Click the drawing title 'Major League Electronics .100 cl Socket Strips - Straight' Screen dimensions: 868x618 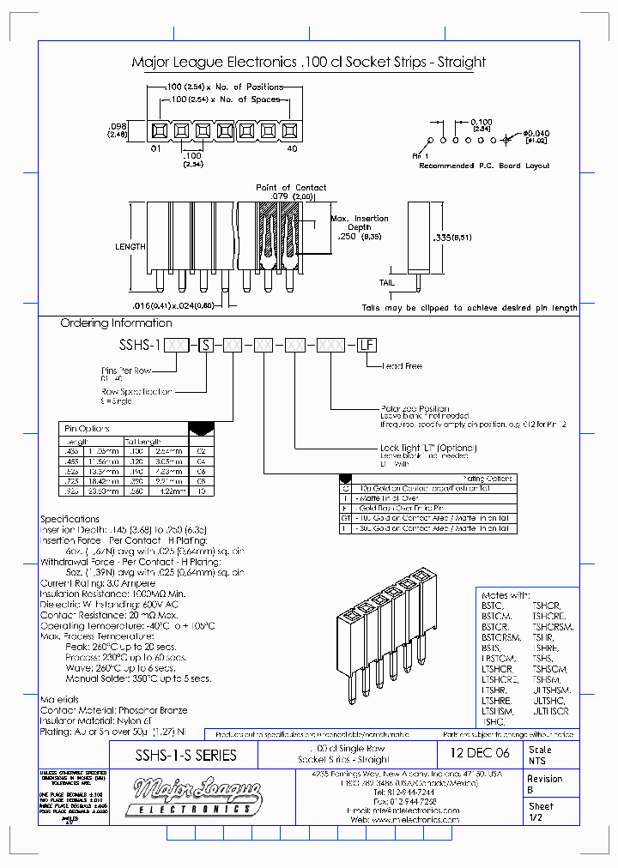308,62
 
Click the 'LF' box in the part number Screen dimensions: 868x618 367,345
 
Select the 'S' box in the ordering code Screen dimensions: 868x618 206,345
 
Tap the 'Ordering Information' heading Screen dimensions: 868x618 116,323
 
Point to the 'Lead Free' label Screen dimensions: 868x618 403,366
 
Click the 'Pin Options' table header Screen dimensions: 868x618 87,427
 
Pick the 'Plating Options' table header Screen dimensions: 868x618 487,479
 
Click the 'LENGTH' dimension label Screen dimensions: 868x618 130,246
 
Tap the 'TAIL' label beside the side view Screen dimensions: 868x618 387,282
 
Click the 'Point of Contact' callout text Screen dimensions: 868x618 291,187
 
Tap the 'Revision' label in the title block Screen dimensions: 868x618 545,779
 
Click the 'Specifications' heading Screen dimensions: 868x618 70,519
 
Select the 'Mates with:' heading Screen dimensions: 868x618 506,594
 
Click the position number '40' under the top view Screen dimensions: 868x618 292,149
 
